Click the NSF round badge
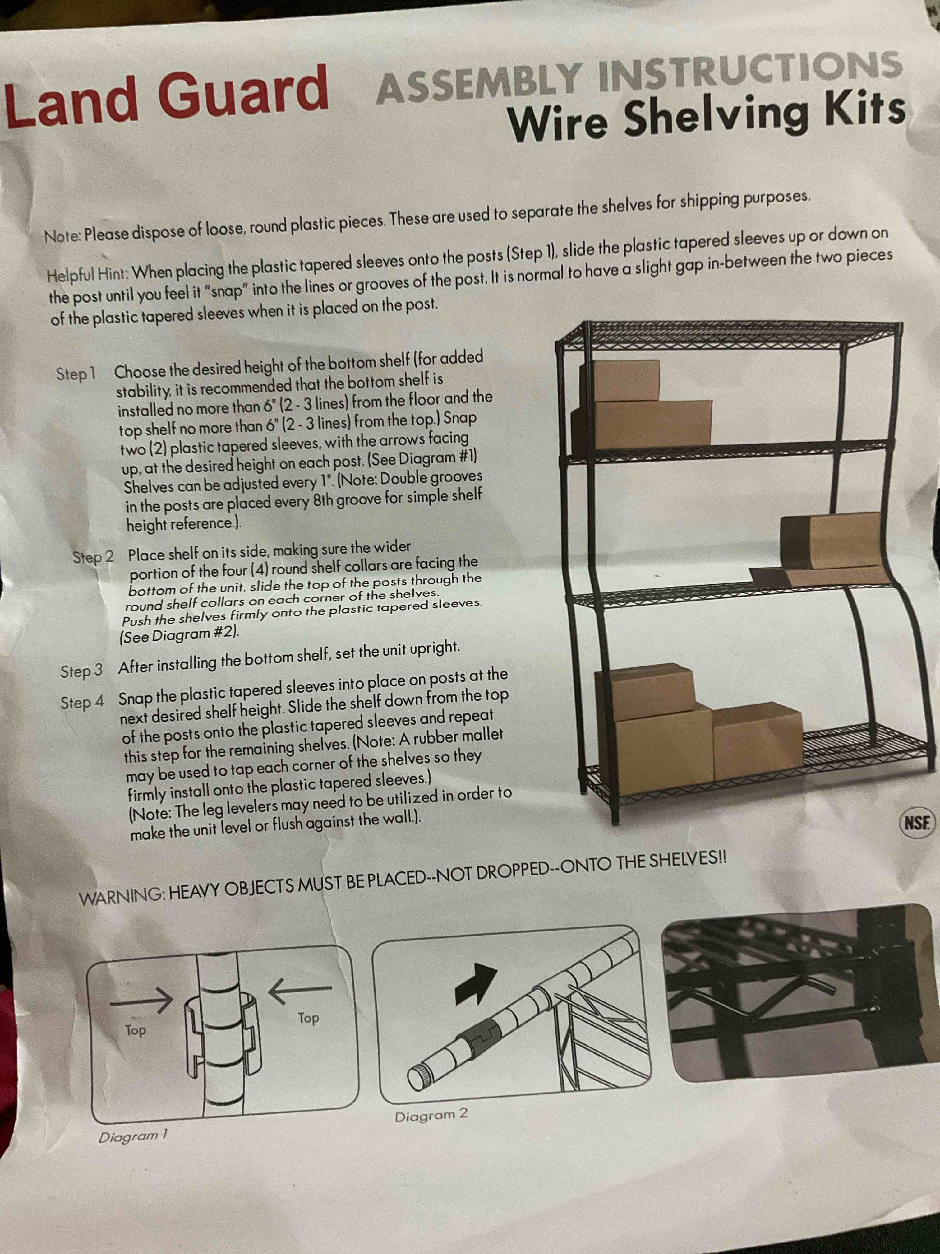pos(916,822)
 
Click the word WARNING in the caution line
pos(121,897)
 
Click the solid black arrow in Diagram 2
pos(476,984)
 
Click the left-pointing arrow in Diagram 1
pos(299,989)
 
